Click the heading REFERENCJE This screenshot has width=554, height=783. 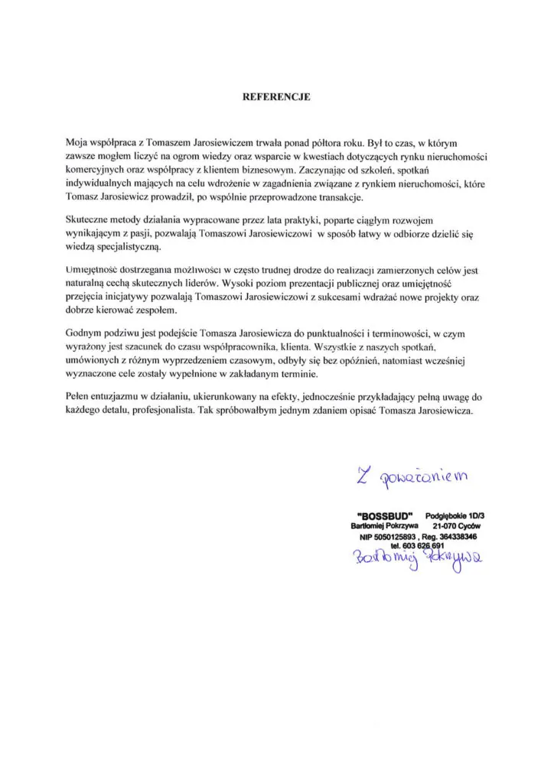[x=277, y=97]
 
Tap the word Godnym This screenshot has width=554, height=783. [x=86, y=334]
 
